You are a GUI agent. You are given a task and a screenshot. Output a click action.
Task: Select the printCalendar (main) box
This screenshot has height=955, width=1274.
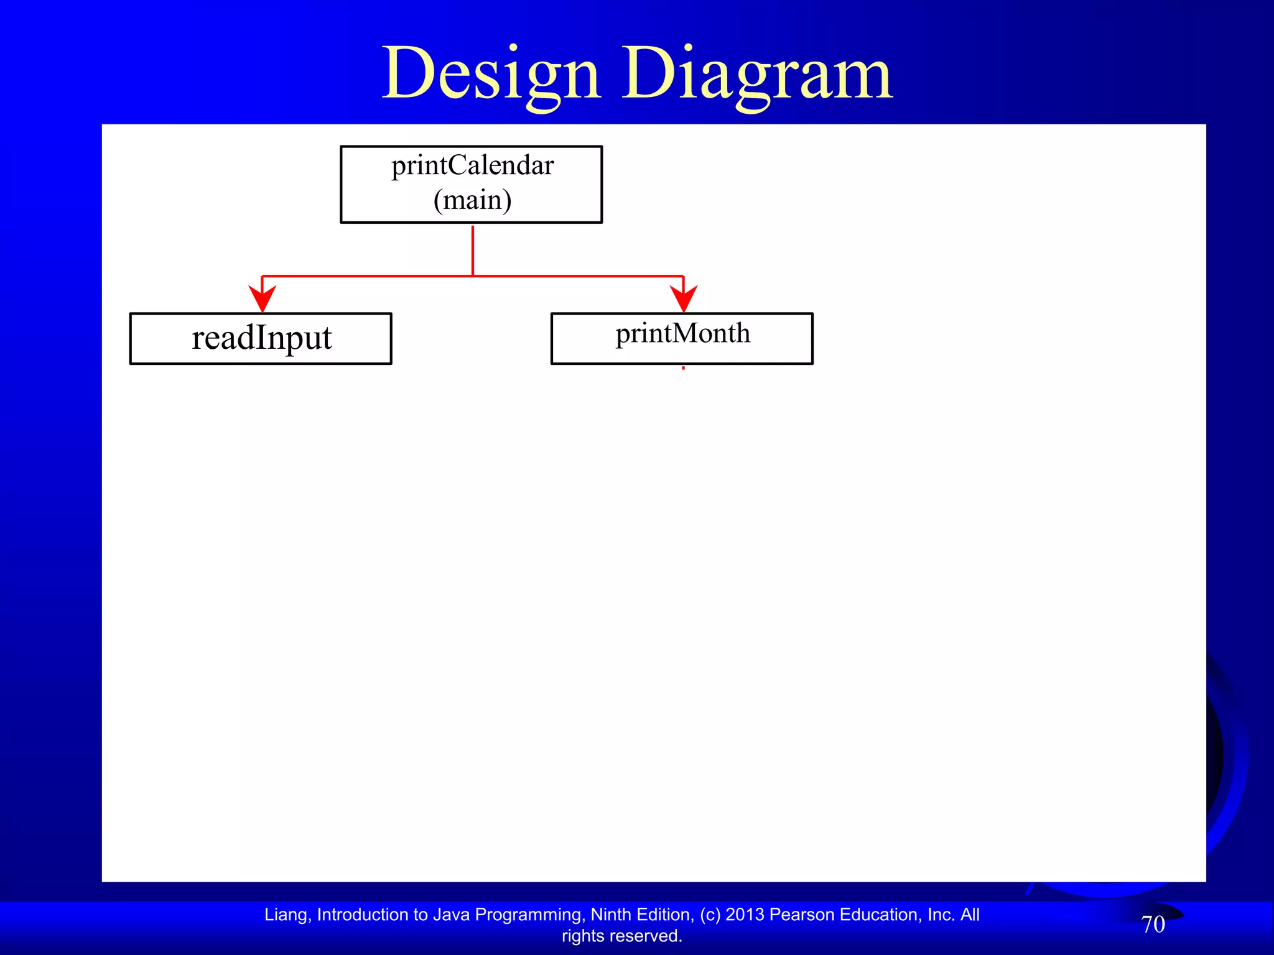(471, 185)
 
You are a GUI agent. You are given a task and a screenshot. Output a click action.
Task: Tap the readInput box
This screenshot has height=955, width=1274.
(261, 338)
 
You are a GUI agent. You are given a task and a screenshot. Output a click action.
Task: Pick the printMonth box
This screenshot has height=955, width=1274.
(682, 338)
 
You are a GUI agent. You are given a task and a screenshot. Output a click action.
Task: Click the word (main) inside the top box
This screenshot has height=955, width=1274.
(472, 200)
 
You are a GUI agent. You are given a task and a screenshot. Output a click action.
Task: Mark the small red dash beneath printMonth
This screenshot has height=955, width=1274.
(683, 368)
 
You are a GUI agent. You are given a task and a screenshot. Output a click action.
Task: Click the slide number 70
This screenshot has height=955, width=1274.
(1153, 925)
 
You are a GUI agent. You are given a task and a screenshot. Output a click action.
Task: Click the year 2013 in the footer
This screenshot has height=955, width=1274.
(745, 915)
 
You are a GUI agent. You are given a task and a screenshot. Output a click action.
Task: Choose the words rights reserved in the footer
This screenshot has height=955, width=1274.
(622, 936)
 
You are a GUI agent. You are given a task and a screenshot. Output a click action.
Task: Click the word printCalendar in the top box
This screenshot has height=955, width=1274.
(472, 165)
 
